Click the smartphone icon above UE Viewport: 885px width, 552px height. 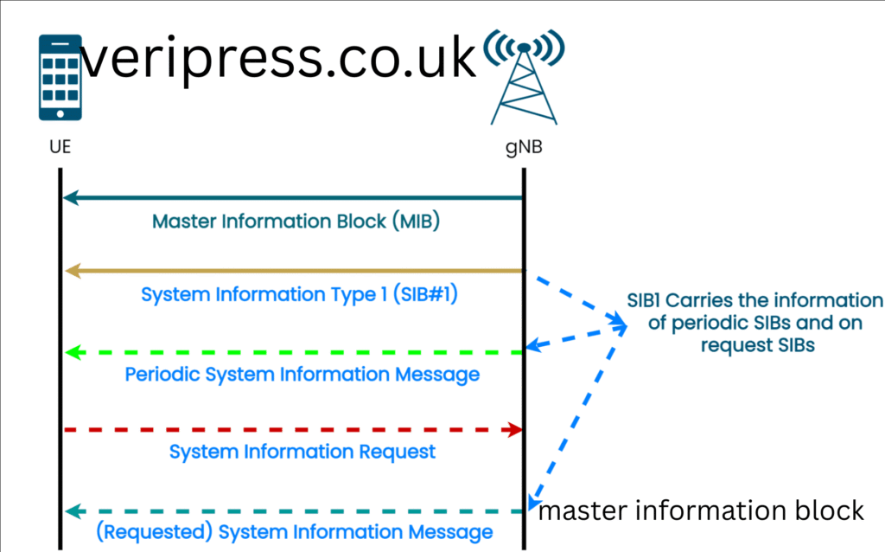tap(60, 77)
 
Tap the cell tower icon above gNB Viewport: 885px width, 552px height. tap(524, 77)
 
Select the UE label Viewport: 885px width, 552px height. tap(60, 148)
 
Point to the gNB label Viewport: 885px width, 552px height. tap(525, 148)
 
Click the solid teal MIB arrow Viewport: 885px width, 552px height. tap(294, 198)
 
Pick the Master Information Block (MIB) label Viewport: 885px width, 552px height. tap(296, 221)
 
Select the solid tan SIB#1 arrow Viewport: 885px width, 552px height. tap(294, 272)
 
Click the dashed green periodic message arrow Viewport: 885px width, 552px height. tap(294, 352)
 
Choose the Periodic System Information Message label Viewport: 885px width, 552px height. tap(302, 375)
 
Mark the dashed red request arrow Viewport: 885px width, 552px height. tap(294, 429)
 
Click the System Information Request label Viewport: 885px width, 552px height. tap(302, 452)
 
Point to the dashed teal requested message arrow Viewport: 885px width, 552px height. tap(294, 510)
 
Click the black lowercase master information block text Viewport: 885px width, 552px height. tap(701, 510)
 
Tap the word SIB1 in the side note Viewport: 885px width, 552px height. tap(651, 302)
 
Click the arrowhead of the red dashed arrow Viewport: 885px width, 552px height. tap(516, 429)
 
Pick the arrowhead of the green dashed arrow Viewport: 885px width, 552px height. tap(73, 352)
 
